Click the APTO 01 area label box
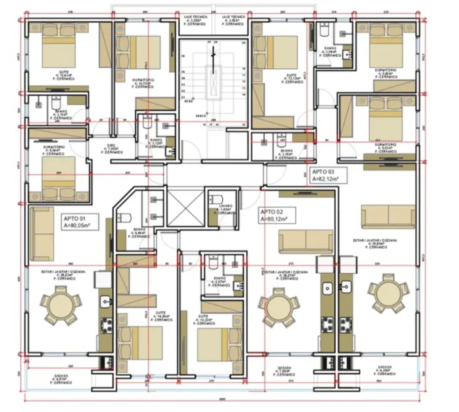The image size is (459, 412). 83,221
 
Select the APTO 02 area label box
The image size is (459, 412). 279,215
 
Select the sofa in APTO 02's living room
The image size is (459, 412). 306,240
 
